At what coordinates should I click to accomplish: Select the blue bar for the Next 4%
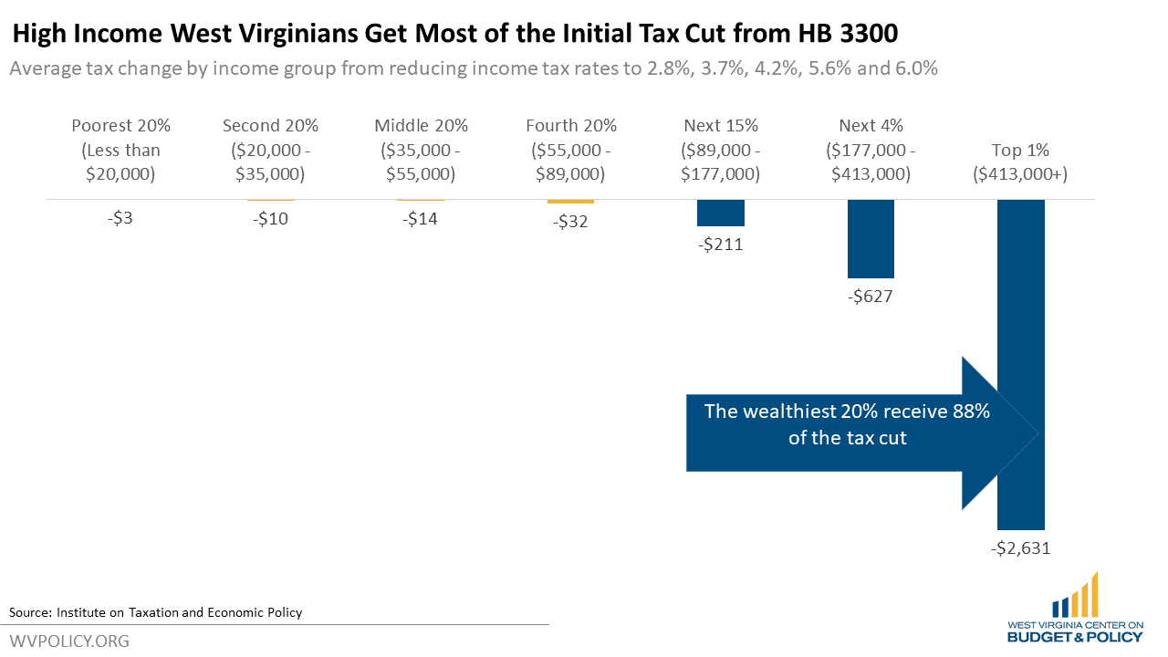pos(871,238)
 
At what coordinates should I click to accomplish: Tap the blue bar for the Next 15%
pos(720,213)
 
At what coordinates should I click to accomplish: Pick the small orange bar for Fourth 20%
pos(570,202)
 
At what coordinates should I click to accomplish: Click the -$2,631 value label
pos(1020,548)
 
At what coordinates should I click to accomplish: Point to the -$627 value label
pos(871,296)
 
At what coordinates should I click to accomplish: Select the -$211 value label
pos(720,244)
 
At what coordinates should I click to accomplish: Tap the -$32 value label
pos(570,222)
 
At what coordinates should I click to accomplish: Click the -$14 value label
pos(421,219)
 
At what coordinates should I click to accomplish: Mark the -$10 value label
pos(271,219)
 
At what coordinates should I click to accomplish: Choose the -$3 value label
pos(121,219)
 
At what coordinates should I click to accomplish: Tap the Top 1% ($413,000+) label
pos(1020,162)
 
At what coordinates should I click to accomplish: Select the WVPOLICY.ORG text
pos(69,641)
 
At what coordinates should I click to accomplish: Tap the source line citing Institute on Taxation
pos(155,612)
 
